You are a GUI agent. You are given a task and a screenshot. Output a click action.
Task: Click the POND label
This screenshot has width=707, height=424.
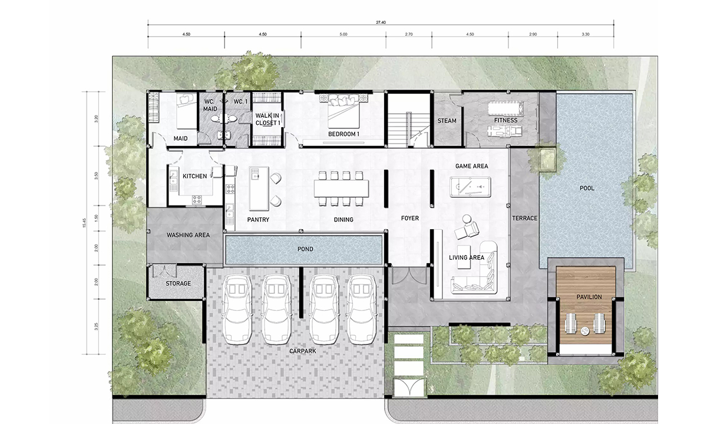(305, 249)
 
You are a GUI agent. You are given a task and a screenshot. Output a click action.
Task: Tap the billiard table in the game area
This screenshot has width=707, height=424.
(470, 187)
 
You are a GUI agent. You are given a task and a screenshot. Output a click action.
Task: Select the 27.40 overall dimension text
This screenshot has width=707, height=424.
(381, 22)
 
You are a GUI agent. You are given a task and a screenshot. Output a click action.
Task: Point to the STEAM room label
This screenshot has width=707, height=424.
(447, 121)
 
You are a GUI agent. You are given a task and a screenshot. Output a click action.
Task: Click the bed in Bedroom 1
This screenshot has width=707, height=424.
(343, 111)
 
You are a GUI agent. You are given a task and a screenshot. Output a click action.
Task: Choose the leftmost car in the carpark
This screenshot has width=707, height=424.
(237, 309)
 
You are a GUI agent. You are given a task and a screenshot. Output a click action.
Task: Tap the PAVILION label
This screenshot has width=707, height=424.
(589, 297)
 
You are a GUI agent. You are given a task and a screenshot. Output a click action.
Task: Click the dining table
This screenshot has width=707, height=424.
(341, 188)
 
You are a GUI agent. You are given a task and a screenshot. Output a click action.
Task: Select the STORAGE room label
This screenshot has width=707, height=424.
(179, 284)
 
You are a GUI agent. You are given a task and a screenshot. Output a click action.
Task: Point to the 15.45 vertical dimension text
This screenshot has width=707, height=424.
(84, 223)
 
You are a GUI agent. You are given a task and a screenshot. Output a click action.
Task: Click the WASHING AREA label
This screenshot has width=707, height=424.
(188, 235)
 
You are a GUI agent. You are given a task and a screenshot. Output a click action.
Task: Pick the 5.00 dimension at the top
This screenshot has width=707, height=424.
(343, 34)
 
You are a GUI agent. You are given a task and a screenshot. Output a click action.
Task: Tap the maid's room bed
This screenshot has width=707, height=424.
(187, 111)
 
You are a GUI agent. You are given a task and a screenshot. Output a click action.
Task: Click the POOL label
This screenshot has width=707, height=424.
(587, 188)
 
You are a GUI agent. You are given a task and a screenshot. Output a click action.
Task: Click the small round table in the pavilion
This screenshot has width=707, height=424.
(585, 331)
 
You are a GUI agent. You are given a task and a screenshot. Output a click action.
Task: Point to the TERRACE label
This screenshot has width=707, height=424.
(524, 218)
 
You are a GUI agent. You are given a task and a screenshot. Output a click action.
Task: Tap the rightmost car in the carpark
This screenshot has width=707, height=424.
(361, 309)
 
